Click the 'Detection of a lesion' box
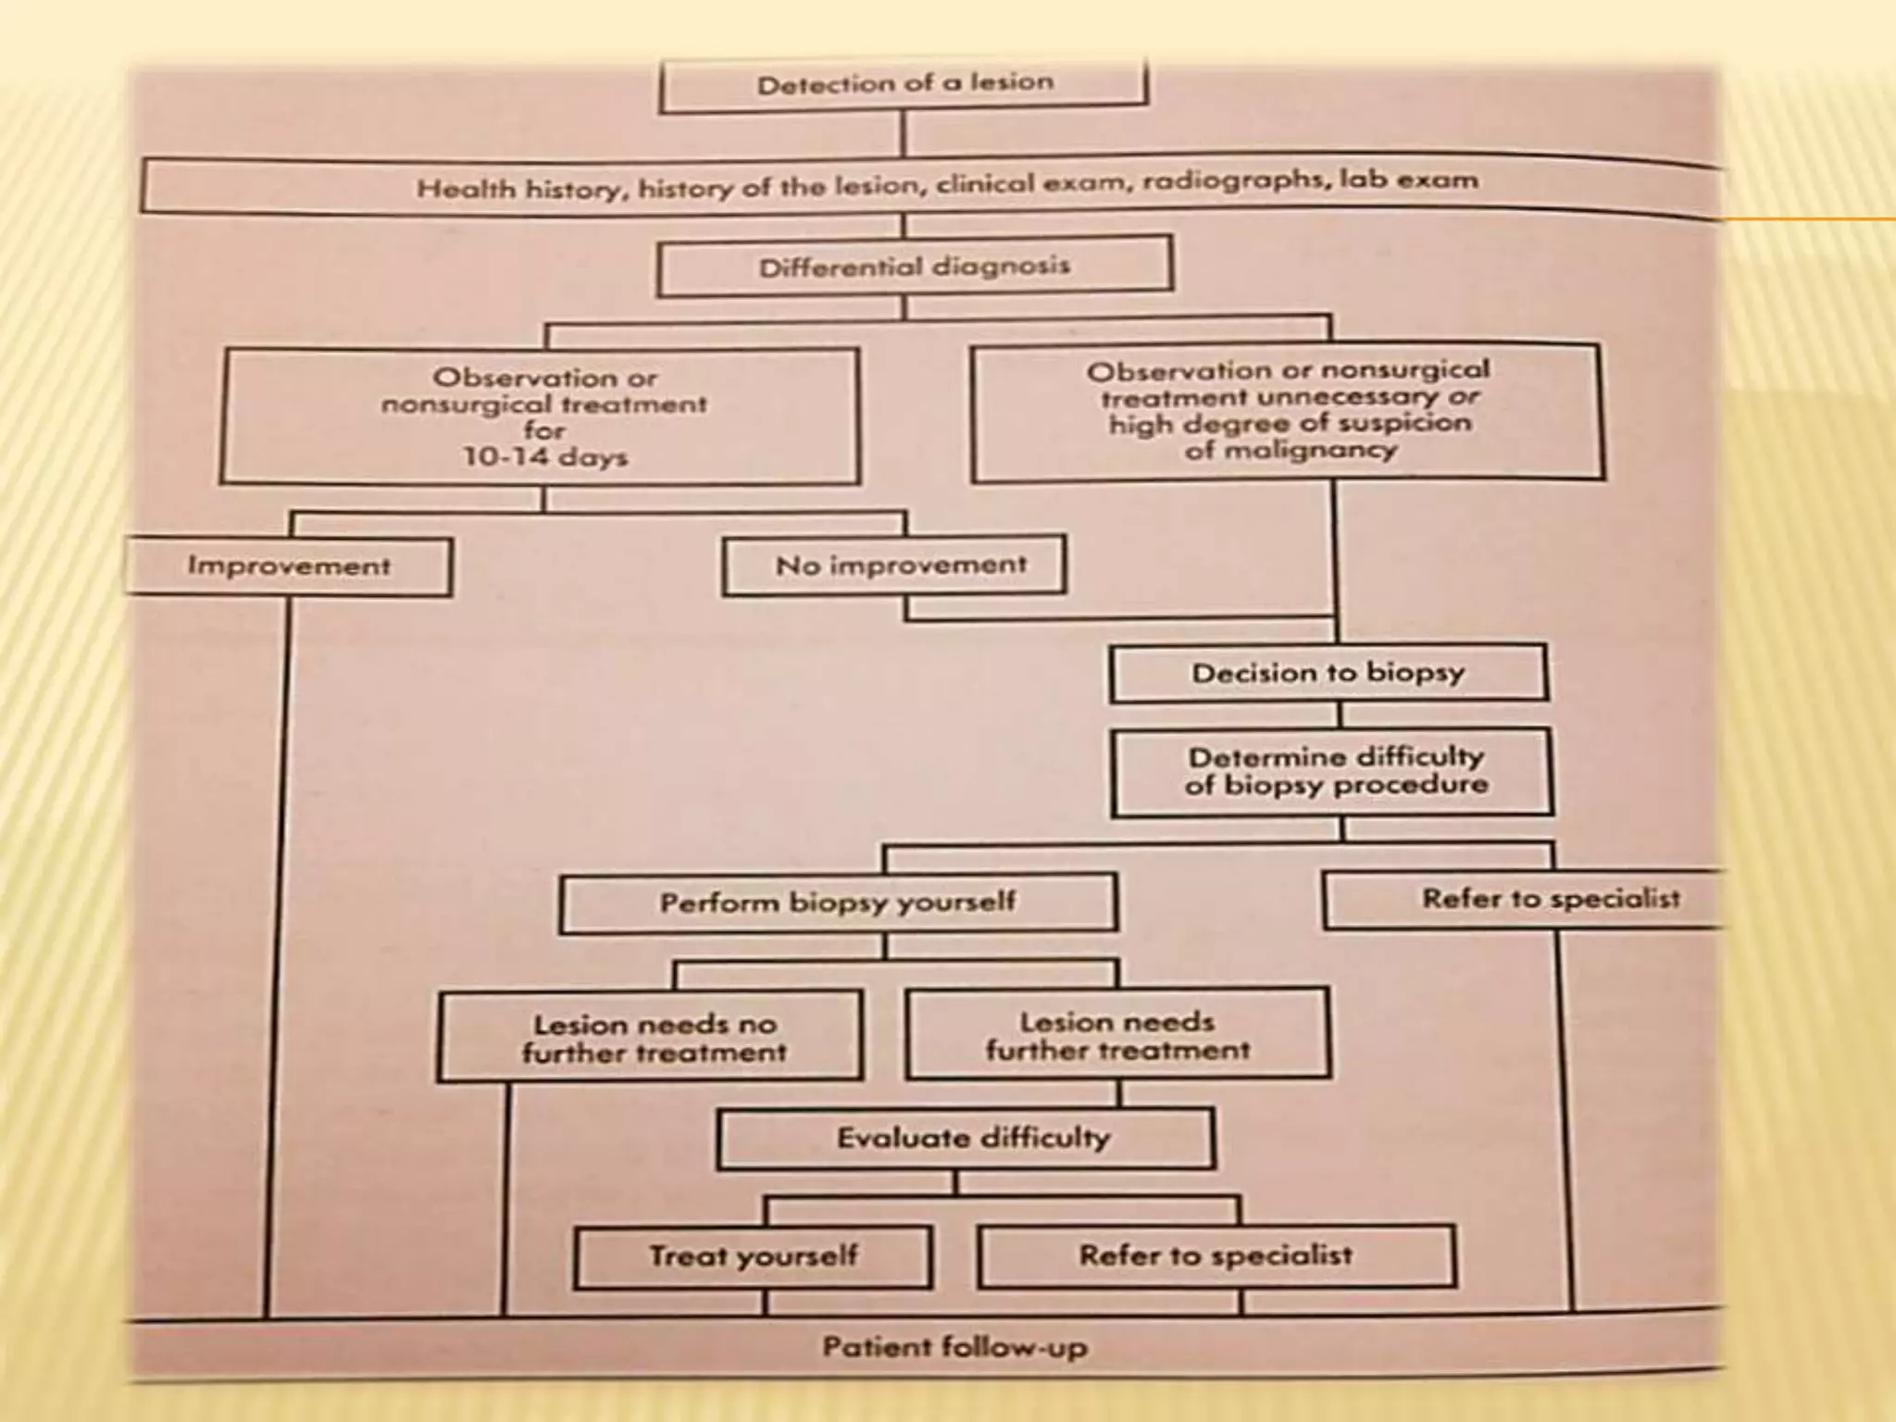(x=904, y=83)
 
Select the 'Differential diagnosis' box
(x=914, y=267)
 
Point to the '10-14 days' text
(x=545, y=457)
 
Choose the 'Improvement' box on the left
(x=289, y=566)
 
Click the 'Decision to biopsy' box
(x=1328, y=673)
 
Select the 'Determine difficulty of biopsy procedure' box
(x=1334, y=771)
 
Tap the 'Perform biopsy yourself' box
(x=838, y=903)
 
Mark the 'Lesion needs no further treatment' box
(x=653, y=1038)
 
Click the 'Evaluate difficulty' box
(x=972, y=1138)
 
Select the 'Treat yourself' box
(x=753, y=1256)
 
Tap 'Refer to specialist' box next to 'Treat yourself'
(x=1216, y=1256)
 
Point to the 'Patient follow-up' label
(x=954, y=1347)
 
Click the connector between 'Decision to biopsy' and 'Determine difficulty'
(x=1339, y=715)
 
